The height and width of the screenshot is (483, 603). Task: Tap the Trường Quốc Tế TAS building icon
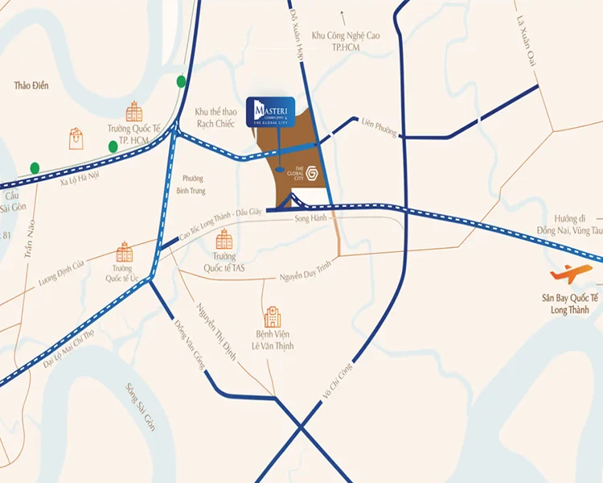click(224, 239)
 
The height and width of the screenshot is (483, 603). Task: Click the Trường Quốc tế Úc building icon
click(124, 252)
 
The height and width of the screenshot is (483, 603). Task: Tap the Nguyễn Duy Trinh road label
click(306, 274)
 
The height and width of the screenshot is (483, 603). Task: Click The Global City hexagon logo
click(315, 172)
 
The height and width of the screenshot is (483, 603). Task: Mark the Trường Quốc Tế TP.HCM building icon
click(133, 112)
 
